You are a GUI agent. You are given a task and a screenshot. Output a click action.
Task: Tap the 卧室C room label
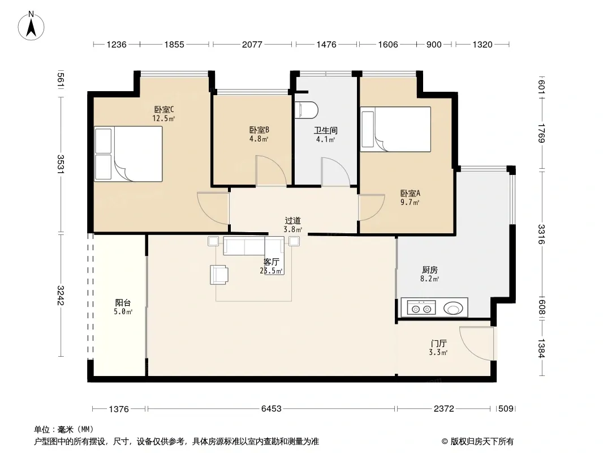(x=164, y=110)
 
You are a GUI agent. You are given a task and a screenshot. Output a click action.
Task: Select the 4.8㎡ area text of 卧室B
(x=259, y=139)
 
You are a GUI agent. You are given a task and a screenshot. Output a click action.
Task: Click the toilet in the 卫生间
(x=306, y=110)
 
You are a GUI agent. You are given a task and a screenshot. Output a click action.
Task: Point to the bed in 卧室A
(x=396, y=129)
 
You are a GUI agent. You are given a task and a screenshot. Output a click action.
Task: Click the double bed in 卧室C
(x=128, y=154)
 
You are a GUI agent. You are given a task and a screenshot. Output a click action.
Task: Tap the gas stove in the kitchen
(x=421, y=307)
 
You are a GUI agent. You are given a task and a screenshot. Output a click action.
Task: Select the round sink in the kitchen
(x=453, y=308)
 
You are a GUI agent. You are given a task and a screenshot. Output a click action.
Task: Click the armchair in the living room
(x=219, y=275)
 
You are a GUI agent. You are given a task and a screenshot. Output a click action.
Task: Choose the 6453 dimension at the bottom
(x=271, y=408)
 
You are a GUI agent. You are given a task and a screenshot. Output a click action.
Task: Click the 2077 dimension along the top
(x=252, y=44)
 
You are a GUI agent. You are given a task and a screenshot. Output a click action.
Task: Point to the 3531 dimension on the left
(x=61, y=164)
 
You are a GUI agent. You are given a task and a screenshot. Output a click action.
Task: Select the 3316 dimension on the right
(x=541, y=234)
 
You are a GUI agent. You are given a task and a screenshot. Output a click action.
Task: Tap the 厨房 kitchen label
(x=429, y=270)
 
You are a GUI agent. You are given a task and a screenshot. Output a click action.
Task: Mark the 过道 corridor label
(x=292, y=220)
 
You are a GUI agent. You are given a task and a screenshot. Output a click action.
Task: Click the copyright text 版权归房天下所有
(x=482, y=442)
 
